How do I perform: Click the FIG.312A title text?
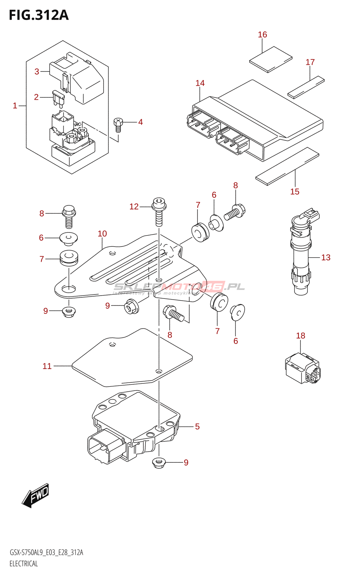coord(39,15)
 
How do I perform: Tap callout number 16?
coord(262,35)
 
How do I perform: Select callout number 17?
coord(310,62)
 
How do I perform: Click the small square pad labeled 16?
coord(271,59)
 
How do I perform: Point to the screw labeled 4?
coord(118,123)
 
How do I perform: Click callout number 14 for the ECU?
coord(200,83)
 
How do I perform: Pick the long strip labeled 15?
coord(287,166)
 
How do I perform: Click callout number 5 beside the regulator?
coord(197,427)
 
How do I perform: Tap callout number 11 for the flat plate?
coord(47,366)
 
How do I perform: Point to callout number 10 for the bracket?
coord(102,234)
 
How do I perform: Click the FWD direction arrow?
coord(35,495)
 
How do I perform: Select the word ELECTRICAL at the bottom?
coord(24,563)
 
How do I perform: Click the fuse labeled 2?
coord(58,98)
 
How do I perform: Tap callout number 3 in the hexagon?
coord(37,72)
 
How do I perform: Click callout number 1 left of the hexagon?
coord(15,105)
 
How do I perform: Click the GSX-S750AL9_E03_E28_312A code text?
coord(46,553)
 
